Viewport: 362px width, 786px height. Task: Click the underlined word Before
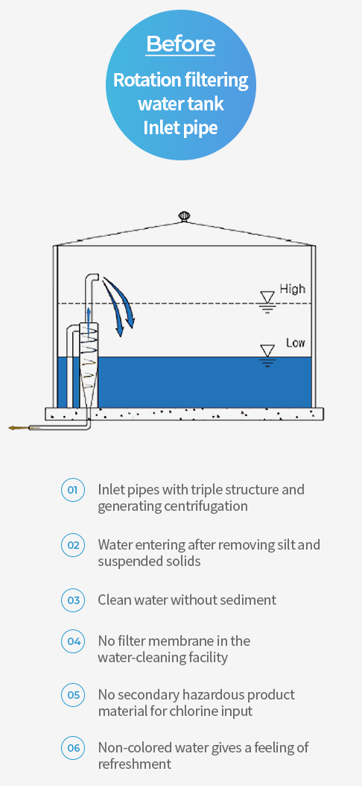tap(181, 45)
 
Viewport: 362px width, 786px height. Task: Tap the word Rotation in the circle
tap(146, 80)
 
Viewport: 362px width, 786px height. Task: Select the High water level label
tap(292, 289)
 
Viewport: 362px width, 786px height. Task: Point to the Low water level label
tap(296, 343)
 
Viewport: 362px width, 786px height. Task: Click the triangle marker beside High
tap(268, 298)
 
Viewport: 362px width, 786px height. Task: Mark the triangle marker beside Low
tap(268, 350)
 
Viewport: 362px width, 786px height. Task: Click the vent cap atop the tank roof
tap(184, 216)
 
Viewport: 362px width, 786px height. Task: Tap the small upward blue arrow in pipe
tap(89, 321)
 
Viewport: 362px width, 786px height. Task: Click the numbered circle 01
tap(73, 490)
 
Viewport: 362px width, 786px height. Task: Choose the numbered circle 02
tap(73, 545)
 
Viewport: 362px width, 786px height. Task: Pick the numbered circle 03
tap(73, 600)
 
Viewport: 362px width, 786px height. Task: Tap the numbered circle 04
tap(73, 641)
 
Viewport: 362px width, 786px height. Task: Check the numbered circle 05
tap(73, 695)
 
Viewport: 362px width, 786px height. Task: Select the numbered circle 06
tap(73, 749)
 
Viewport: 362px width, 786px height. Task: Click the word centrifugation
tap(206, 506)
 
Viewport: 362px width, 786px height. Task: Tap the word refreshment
tap(135, 764)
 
